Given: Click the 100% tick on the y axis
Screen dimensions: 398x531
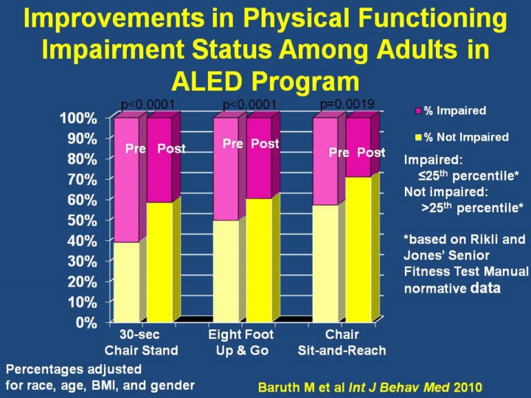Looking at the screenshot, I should pyautogui.click(x=77, y=118).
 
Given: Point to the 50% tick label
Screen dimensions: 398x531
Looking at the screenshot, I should pyautogui.click(x=80, y=220).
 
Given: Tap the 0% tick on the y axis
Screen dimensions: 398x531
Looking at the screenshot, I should pyautogui.click(x=86, y=322).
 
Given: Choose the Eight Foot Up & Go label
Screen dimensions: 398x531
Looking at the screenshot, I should pyautogui.click(x=240, y=343).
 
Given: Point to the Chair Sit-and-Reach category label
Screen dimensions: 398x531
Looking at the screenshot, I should pyautogui.click(x=341, y=343).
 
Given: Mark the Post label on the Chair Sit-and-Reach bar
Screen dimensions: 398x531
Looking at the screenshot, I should pyautogui.click(x=371, y=153).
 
